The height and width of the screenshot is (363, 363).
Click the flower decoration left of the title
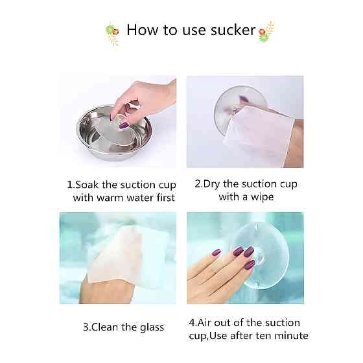tap(113, 33)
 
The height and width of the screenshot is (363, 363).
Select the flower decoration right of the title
tap(266, 32)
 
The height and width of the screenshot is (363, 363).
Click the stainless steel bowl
tap(114, 133)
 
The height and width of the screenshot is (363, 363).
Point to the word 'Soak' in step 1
tap(87, 185)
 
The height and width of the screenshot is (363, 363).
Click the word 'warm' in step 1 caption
tap(110, 198)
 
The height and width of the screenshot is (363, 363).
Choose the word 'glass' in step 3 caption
tap(152, 328)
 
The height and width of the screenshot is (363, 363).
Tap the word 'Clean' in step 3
tap(104, 327)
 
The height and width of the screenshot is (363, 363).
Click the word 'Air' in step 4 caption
tap(204, 323)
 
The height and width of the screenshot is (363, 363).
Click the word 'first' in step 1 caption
tap(165, 198)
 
